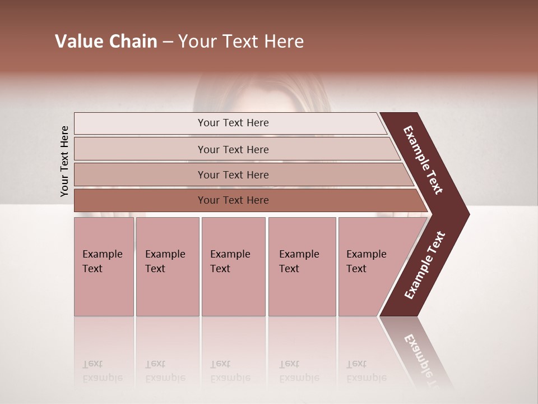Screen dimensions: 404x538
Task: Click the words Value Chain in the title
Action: (106, 42)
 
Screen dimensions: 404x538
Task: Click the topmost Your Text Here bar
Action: (233, 123)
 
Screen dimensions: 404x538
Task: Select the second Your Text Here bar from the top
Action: (233, 149)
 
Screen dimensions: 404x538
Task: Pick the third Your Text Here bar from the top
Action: (233, 175)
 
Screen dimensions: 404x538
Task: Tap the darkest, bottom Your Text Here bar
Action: (233, 200)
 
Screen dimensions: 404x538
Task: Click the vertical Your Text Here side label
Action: (64, 162)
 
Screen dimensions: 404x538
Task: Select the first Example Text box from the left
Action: (104, 267)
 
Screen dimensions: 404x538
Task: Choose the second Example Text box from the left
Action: (167, 267)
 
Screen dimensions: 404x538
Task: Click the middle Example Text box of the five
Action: (233, 267)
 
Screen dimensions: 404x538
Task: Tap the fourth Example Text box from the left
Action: (302, 267)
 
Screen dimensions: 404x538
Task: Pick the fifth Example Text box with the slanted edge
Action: (370, 267)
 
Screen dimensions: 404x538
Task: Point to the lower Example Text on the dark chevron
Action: (425, 265)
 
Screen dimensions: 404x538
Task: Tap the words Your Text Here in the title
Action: (241, 42)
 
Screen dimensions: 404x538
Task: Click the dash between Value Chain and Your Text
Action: (168, 43)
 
